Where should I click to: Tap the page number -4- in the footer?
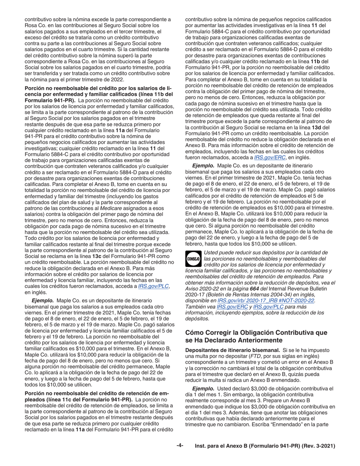pyautogui.click(x=180, y=446)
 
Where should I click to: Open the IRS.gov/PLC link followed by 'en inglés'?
pyautogui.click(x=148, y=287)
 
